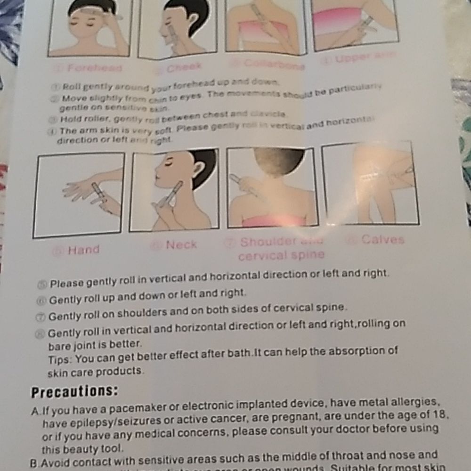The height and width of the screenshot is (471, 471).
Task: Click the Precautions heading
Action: click(x=74, y=392)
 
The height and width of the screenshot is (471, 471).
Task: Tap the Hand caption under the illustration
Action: click(x=83, y=250)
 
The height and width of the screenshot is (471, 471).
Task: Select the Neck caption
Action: click(x=181, y=244)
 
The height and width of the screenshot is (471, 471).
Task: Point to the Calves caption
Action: click(x=382, y=240)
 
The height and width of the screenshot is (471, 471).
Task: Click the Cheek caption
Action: click(x=184, y=67)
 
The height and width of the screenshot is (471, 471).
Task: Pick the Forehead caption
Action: click(x=94, y=67)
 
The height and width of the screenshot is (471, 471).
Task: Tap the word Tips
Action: click(x=60, y=359)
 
